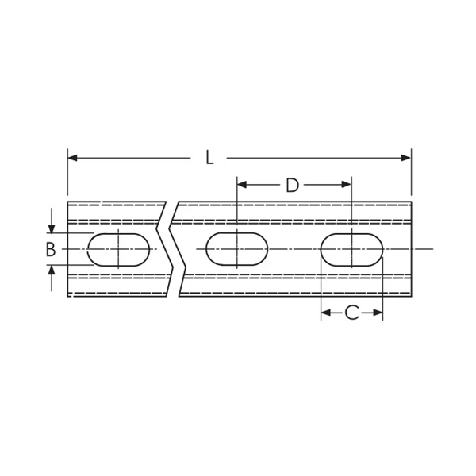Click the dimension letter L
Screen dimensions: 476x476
point(209,158)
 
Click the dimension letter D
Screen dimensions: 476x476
point(292,186)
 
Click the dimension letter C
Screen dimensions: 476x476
point(351,313)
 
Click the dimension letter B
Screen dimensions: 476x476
point(50,249)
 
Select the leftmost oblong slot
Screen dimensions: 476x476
point(118,249)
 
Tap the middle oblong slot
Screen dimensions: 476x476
point(236,249)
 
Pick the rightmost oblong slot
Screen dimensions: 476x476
point(351,249)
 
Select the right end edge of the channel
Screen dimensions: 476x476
point(412,249)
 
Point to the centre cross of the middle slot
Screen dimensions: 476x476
point(236,249)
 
